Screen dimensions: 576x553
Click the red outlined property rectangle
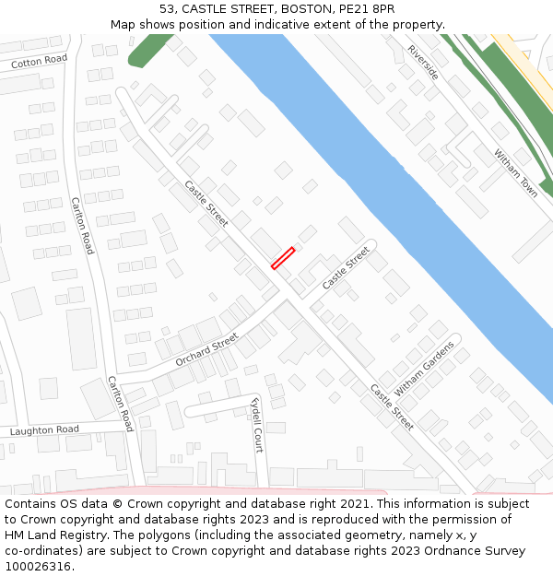point(283,258)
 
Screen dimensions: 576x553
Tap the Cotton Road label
point(40,62)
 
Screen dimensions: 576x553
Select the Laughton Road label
point(44,430)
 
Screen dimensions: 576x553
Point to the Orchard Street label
point(206,349)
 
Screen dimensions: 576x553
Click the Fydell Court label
point(257,425)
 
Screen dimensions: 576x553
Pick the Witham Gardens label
point(425,368)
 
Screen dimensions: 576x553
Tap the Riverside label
point(423,62)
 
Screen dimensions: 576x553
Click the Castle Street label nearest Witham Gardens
point(392,406)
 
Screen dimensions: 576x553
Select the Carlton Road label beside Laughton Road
point(120,404)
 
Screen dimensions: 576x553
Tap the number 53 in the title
point(167,8)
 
